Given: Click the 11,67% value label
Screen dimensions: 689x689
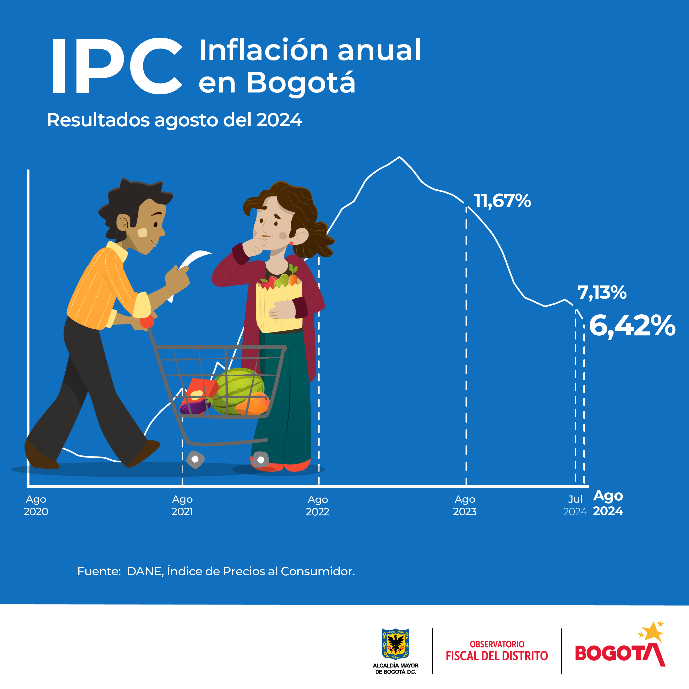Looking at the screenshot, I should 502,201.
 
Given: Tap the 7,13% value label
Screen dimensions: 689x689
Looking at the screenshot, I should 602,292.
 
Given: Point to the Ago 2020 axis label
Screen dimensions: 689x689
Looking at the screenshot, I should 36,505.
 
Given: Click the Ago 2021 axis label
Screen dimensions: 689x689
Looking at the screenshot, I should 182,505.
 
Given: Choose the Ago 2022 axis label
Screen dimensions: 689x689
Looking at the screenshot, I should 318,505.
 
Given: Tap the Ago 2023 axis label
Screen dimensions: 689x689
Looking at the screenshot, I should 465,505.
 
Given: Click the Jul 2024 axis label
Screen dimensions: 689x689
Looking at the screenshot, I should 575,505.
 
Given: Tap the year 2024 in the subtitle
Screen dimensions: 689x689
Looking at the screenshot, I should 279,120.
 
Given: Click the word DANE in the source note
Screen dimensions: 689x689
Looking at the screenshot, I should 145,571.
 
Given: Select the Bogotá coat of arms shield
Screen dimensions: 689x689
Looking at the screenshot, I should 396,644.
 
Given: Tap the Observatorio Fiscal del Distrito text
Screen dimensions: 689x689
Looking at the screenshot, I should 497,651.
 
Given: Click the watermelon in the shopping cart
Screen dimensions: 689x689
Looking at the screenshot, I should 238,391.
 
